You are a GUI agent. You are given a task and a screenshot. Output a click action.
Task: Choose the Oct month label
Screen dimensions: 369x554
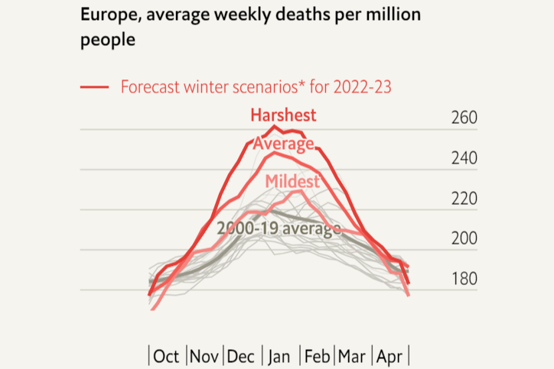[x=166, y=356]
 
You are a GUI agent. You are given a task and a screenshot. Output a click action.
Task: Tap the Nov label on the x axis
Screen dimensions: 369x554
[x=204, y=356]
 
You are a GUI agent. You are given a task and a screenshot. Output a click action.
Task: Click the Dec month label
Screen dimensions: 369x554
[x=242, y=356]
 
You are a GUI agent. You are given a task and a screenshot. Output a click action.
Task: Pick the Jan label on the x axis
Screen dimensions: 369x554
[x=279, y=356]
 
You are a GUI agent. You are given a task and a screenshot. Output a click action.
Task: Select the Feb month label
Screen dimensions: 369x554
[x=317, y=356]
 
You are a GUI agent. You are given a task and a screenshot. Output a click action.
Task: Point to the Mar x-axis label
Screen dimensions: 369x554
[x=352, y=356]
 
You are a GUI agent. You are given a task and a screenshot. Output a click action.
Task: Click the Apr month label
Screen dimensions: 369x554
[x=389, y=356]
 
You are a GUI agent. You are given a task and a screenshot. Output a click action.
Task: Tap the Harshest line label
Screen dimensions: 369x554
[x=283, y=115]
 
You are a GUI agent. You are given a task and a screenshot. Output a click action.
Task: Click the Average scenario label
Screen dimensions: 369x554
[x=283, y=144]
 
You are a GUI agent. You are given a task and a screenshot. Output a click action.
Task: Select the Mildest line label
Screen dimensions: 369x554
[x=292, y=182]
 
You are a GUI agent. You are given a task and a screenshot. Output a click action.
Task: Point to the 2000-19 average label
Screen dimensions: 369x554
[x=279, y=228]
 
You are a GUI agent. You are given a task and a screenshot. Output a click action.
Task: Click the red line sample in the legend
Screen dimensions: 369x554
[x=95, y=87]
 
